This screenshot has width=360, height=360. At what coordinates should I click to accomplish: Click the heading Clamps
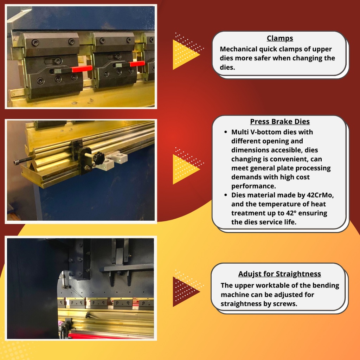pyautogui.click(x=279, y=38)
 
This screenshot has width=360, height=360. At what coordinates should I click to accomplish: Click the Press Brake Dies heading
pyautogui.click(x=279, y=121)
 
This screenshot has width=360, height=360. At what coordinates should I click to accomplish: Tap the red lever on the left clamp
pyautogui.click(x=82, y=69)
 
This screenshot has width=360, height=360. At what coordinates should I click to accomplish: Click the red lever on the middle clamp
pyautogui.click(x=137, y=64)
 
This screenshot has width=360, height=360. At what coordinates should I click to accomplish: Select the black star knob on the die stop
pyautogui.click(x=99, y=158)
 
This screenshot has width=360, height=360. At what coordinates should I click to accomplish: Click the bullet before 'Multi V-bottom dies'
pyautogui.click(x=225, y=132)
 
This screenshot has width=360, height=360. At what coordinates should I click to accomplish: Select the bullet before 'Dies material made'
pyautogui.click(x=225, y=195)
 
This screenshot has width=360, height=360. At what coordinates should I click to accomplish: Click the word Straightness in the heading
pyautogui.click(x=298, y=274)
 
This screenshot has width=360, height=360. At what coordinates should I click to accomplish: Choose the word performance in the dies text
pyautogui.click(x=253, y=186)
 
